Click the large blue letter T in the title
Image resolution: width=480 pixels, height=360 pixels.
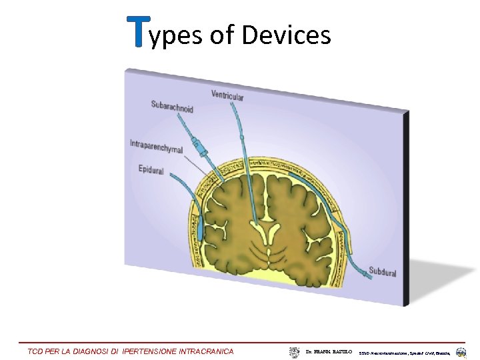click(138, 33)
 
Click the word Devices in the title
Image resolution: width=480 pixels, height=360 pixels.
click(286, 35)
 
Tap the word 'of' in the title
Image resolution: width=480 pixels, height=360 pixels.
click(222, 35)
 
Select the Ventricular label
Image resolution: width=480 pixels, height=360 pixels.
click(227, 96)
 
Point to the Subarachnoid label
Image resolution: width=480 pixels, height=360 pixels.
click(172, 106)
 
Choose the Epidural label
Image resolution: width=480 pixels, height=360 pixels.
click(151, 170)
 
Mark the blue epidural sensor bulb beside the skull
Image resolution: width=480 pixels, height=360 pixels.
click(201, 229)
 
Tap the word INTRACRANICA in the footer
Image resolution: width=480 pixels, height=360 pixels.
click(207, 351)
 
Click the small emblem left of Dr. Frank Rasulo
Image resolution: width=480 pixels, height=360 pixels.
click(294, 351)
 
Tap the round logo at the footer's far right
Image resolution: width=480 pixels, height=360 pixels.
click(461, 351)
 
